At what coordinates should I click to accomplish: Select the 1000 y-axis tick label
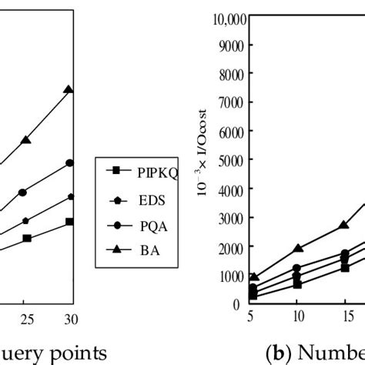coord(229,276)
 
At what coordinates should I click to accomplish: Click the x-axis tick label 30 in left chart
coord(69,318)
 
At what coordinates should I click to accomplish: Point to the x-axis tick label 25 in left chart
coord(25,318)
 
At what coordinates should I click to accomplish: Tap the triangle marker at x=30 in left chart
coord(69,90)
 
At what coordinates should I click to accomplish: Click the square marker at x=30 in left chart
coord(69,222)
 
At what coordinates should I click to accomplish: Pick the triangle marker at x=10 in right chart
coord(296,249)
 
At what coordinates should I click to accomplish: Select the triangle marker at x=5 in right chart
coord(253,277)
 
